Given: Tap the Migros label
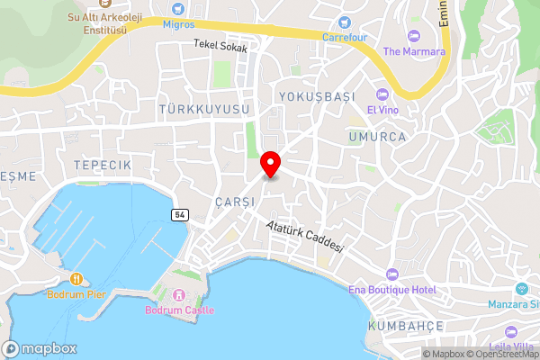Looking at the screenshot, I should [178, 24].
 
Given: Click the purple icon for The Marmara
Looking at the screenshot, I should [414, 35].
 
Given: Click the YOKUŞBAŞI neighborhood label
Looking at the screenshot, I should [318, 95].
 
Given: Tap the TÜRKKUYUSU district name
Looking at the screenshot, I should [203, 109].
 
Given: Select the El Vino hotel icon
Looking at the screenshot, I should [382, 94].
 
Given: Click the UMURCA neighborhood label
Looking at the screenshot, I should [377, 136].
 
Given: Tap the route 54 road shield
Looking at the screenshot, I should [180, 212].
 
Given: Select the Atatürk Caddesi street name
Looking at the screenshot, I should [305, 235].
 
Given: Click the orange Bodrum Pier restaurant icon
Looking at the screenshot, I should [77, 279].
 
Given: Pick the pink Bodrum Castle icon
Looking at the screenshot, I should [178, 294].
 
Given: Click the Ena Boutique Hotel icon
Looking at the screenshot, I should [391, 274].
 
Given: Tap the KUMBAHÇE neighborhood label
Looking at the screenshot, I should [407, 324].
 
